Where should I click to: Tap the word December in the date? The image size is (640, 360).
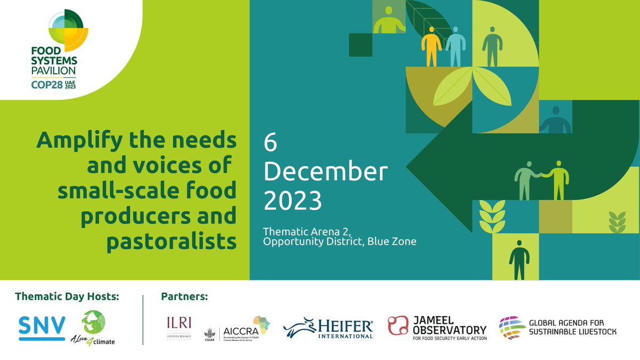325,172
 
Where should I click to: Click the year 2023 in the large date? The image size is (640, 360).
293,201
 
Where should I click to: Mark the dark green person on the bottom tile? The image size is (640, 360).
518,259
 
